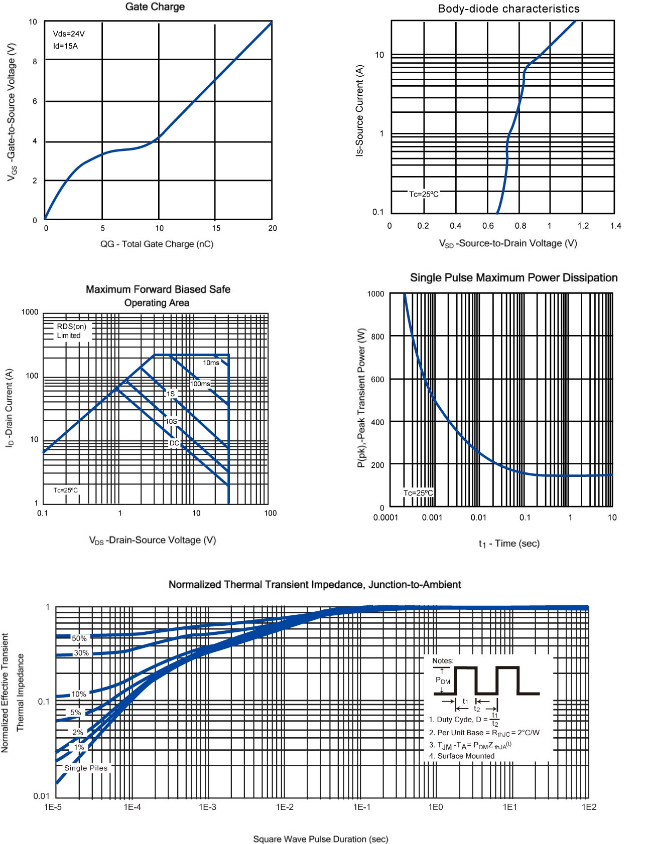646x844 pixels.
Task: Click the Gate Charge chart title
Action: (155, 7)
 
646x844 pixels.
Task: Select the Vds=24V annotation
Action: (69, 34)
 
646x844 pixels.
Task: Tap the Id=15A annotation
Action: (65, 46)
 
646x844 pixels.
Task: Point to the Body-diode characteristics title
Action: (508, 9)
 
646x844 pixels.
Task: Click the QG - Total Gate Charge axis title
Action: (157, 244)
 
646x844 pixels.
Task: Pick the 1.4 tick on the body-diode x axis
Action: (615, 226)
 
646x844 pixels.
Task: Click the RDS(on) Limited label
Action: (71, 331)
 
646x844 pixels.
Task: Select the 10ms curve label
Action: (211, 363)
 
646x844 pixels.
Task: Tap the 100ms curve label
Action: (200, 384)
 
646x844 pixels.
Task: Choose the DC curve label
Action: (174, 443)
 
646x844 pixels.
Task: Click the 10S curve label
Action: (172, 421)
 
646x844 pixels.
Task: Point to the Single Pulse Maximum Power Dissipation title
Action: (513, 278)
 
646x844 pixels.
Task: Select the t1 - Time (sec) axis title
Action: (508, 544)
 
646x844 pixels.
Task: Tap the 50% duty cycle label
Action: (79, 638)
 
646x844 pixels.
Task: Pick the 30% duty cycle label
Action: (81, 653)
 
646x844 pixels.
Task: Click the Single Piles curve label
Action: (86, 768)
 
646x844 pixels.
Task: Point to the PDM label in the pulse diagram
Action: (443, 681)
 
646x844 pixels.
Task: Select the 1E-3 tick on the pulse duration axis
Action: (207, 807)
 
